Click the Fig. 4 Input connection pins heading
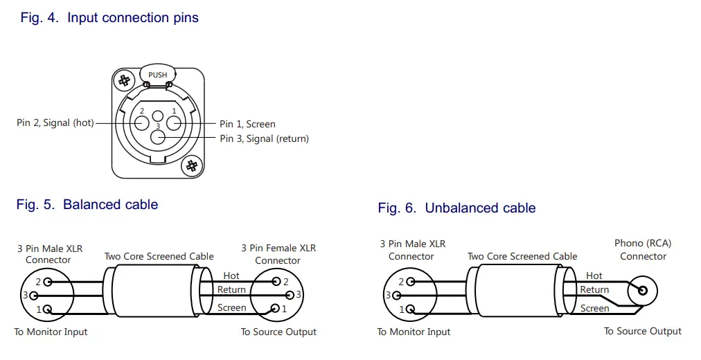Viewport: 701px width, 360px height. [109, 18]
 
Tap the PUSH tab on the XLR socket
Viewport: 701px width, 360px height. [157, 75]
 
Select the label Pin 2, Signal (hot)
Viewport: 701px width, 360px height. [55, 123]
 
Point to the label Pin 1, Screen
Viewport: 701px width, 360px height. [247, 124]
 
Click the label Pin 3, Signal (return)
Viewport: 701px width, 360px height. [264, 138]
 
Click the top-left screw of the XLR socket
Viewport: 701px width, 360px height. [125, 80]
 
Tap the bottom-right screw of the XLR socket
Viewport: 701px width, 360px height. [192, 165]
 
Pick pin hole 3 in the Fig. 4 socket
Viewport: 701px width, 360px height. [158, 136]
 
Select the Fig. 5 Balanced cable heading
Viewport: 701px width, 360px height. [87, 204]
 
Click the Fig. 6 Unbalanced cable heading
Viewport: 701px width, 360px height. [456, 208]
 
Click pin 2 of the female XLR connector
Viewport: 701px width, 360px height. [276, 281]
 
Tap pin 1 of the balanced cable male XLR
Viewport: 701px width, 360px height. [47, 309]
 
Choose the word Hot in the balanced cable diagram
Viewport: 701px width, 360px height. [231, 276]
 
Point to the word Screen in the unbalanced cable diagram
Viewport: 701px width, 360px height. [594, 308]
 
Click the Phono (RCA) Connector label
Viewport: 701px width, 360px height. [643, 250]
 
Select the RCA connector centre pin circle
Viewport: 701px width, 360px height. [643, 289]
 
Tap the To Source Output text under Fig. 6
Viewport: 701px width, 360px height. [642, 331]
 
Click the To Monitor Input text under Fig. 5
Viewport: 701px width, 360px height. [51, 332]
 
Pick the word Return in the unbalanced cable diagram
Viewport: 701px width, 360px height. [594, 289]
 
